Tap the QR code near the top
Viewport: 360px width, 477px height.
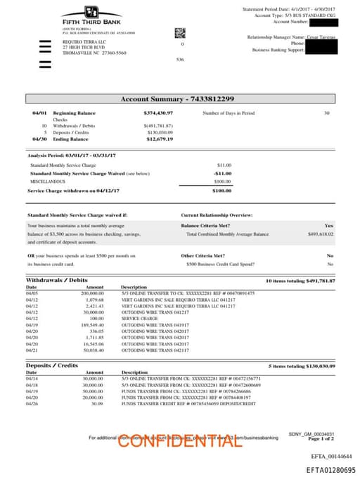point(179,32)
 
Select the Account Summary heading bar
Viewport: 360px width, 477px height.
point(180,99)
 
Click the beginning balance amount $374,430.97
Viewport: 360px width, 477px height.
point(158,113)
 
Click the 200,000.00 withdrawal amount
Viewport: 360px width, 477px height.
point(94,293)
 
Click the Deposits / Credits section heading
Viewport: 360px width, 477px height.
point(51,366)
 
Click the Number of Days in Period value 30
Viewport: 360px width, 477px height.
point(326,113)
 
